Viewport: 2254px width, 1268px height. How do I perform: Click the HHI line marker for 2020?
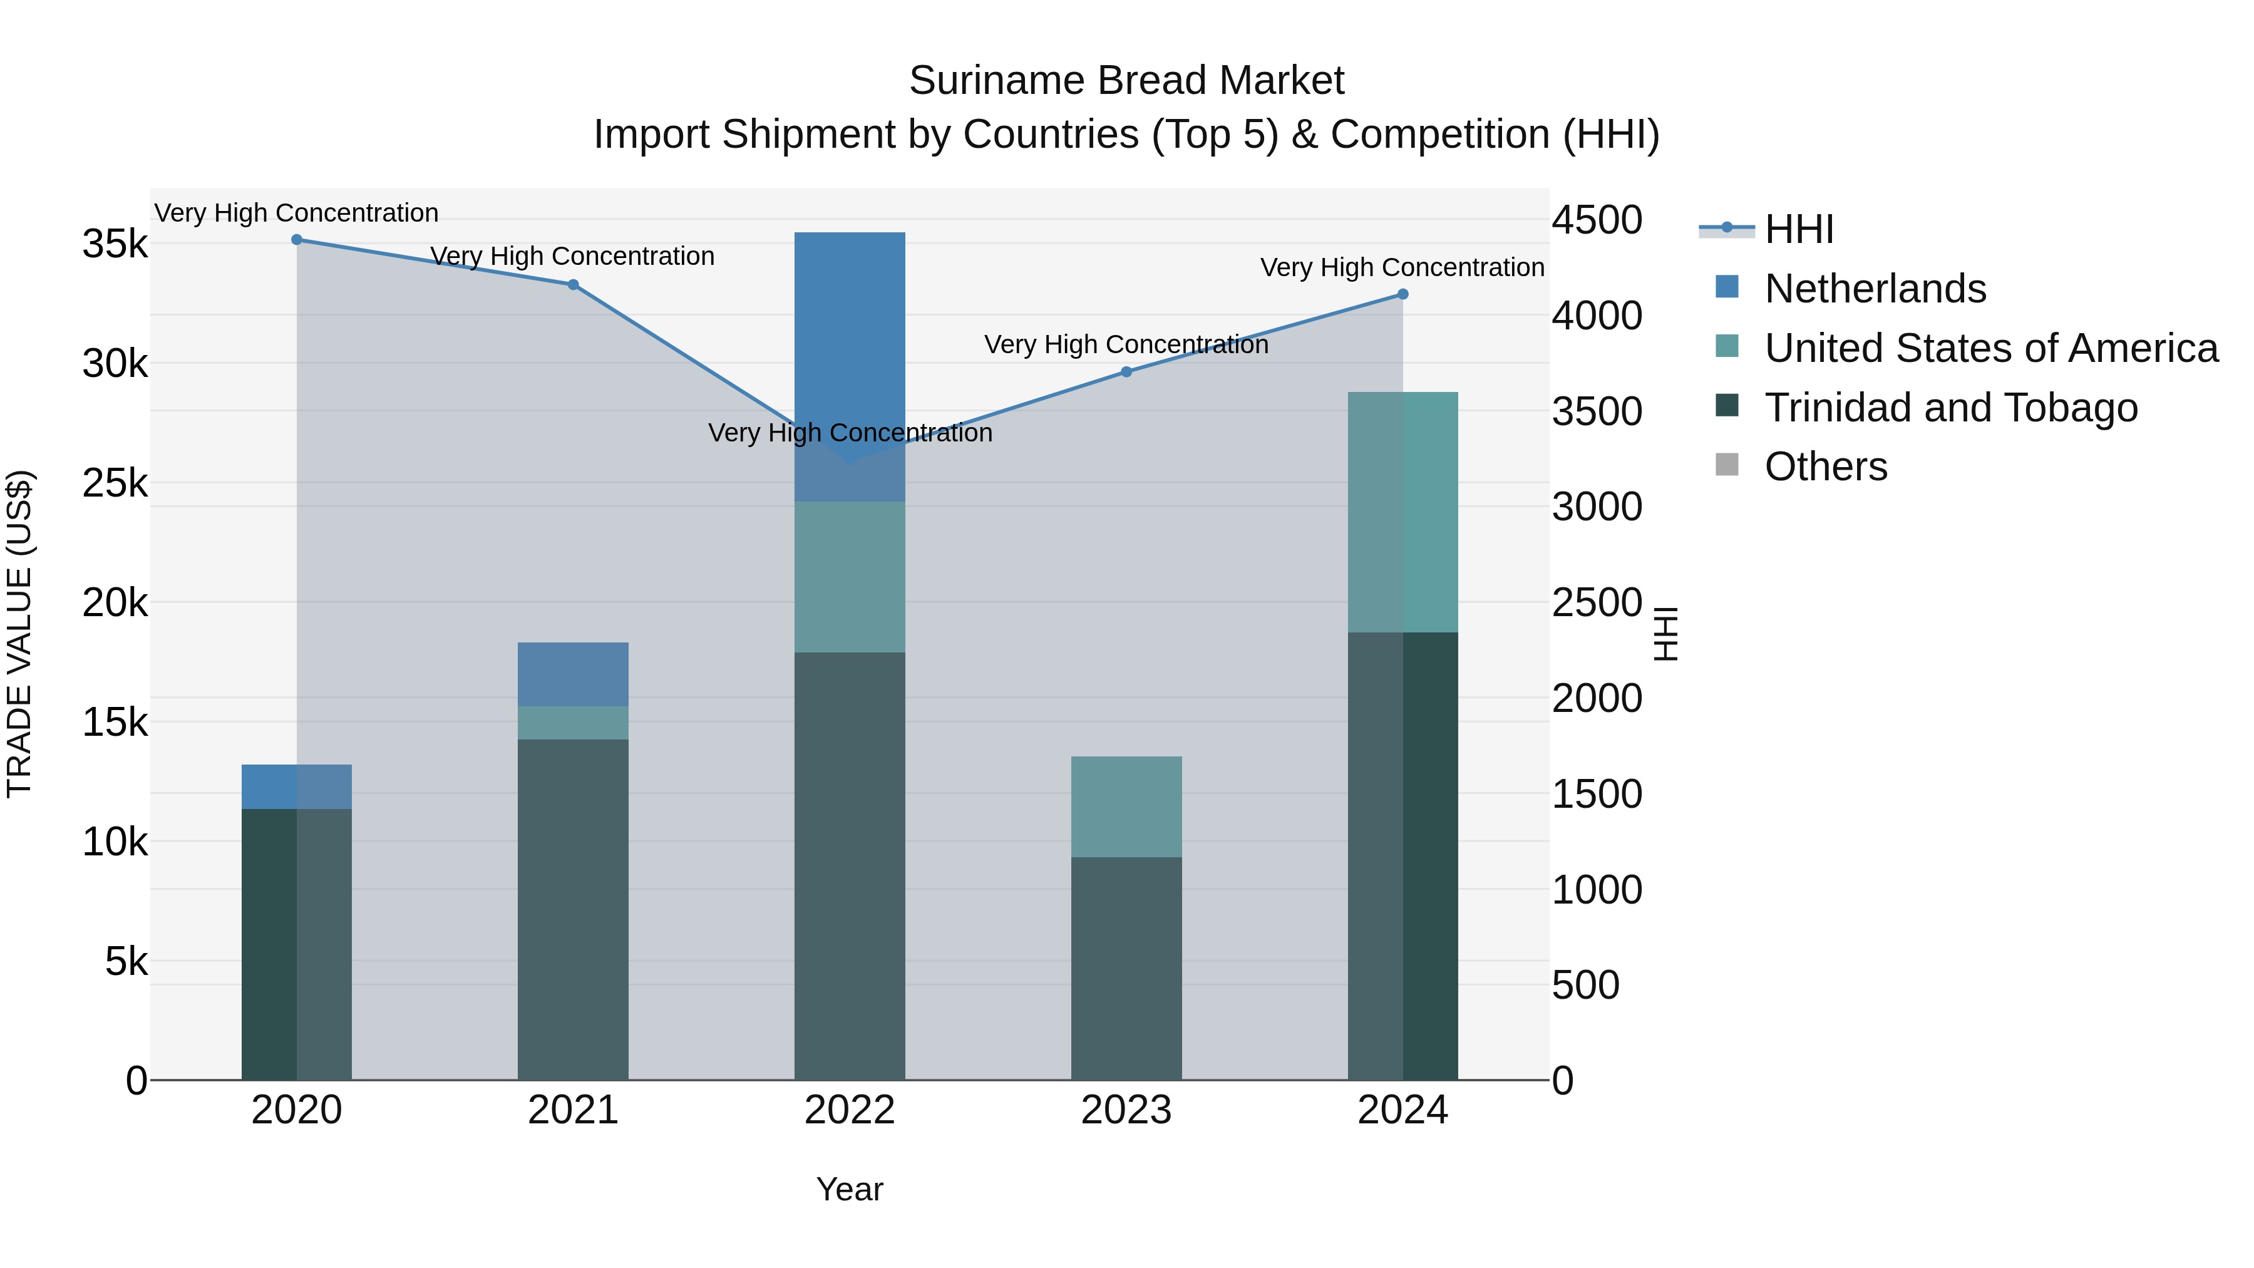tap(297, 240)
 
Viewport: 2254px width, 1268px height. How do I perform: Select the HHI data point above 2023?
tap(1126, 372)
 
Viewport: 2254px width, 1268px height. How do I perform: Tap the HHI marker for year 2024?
tap(1402, 295)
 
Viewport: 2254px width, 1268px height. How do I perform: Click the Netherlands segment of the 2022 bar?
tap(850, 350)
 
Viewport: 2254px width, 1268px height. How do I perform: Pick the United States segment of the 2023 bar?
tap(1126, 806)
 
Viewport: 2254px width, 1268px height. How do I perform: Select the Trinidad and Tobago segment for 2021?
tap(573, 910)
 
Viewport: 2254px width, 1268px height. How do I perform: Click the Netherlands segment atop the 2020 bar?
tap(297, 786)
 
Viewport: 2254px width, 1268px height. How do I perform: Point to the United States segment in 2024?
tap(1402, 512)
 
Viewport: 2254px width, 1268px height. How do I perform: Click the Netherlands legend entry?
tap(1875, 289)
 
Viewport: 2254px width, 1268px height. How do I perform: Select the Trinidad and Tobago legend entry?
tap(1950, 408)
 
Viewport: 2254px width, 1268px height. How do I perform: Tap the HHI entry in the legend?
tap(1798, 229)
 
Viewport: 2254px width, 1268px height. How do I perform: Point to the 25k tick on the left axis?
tap(115, 483)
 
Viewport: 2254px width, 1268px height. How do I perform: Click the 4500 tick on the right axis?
tap(1597, 220)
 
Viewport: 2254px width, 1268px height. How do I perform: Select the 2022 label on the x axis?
tap(850, 1110)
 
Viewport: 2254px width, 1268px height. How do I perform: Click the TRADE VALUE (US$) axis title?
tap(20, 634)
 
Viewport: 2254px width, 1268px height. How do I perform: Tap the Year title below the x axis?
tap(850, 1189)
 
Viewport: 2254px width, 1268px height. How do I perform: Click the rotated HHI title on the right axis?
tap(1665, 634)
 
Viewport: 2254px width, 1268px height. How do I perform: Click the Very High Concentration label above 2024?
tap(1402, 268)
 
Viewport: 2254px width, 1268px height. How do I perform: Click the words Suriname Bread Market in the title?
tap(1126, 81)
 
